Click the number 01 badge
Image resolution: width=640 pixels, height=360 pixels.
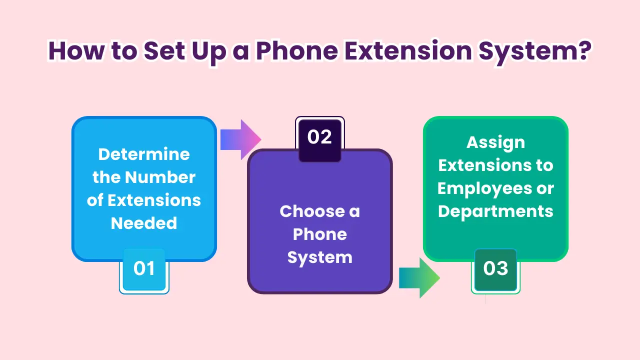point(144,269)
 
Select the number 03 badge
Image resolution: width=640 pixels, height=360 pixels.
point(495,269)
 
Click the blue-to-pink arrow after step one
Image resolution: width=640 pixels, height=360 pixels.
point(240,139)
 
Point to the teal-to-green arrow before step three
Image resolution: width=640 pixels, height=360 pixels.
point(419,278)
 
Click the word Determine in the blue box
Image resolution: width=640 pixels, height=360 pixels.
point(144,154)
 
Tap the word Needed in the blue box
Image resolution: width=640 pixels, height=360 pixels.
point(144,223)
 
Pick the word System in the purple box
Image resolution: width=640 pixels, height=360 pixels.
point(320,257)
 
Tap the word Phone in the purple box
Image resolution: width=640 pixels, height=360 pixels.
point(320,234)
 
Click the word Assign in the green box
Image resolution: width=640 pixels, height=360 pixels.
point(495,142)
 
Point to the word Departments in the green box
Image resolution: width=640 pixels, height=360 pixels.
point(495,211)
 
